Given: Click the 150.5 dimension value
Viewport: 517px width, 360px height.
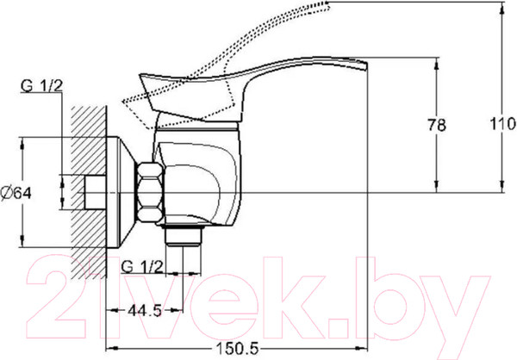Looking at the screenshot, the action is click(x=238, y=349).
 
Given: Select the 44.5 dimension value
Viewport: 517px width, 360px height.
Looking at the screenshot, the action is click(x=145, y=310).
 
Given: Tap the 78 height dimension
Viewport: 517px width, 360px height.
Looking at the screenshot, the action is click(x=437, y=125).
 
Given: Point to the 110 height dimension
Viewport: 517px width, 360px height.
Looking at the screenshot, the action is click(x=502, y=124).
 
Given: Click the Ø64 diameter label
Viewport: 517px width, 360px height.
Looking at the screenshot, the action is click(x=16, y=193).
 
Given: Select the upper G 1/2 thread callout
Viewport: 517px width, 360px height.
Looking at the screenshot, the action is click(x=41, y=86).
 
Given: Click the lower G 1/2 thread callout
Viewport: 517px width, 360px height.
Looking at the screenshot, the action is click(x=142, y=266).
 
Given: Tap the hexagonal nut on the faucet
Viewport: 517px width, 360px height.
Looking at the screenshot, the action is click(x=150, y=192).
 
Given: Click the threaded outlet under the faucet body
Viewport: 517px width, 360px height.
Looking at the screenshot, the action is click(x=184, y=236).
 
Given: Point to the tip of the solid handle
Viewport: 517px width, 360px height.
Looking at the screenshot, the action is click(x=366, y=65).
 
